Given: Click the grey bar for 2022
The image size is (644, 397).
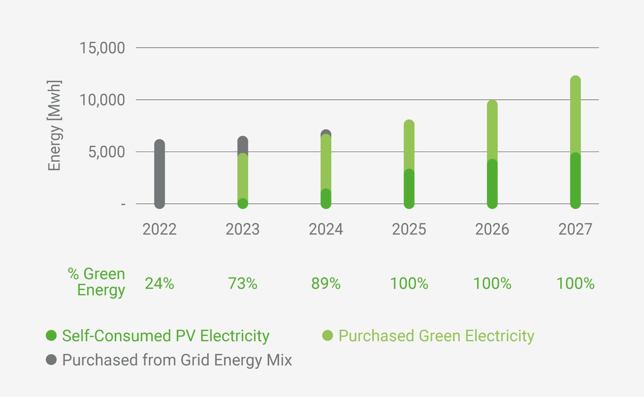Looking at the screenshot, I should click(159, 174).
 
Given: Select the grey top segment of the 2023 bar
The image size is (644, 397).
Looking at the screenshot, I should click(243, 145).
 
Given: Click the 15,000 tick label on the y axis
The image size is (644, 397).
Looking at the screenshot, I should click(102, 48).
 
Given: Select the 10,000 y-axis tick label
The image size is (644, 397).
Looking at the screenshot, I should click(102, 100).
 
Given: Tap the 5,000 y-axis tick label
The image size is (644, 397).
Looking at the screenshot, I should click(106, 152).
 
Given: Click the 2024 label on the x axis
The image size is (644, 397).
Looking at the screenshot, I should click(326, 229).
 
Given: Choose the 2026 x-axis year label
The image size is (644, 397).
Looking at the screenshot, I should click(492, 229).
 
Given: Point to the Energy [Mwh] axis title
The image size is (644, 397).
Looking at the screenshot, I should click(54, 126).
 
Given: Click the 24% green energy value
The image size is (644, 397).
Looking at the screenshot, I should click(159, 283).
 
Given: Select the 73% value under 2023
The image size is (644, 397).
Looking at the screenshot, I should click(243, 283).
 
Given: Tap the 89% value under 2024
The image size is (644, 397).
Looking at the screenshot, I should click(326, 283).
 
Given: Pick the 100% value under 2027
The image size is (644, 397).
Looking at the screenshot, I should click(575, 283).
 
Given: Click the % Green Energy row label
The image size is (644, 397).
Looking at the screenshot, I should click(97, 282).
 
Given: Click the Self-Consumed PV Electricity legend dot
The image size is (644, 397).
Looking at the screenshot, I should click(51, 336).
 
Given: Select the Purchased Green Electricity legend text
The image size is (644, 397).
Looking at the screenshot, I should click(436, 336).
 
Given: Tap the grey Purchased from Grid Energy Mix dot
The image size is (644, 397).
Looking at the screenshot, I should click(51, 360).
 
